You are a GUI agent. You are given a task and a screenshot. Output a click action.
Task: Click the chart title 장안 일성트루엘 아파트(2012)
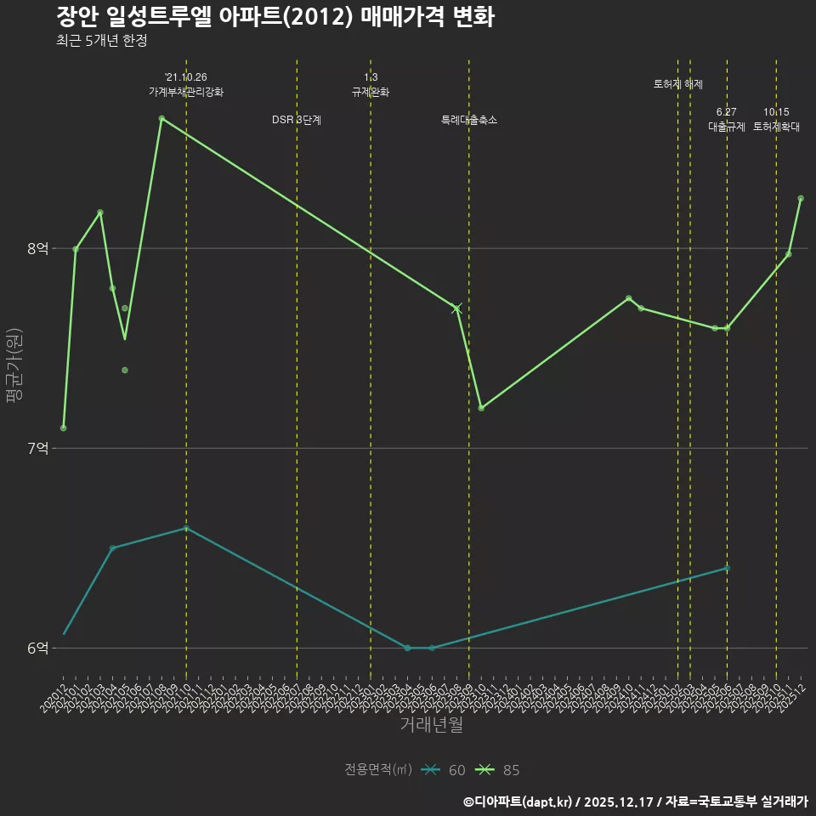pyautogui.click(x=275, y=17)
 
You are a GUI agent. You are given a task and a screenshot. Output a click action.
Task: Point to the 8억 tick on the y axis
pyautogui.click(x=37, y=248)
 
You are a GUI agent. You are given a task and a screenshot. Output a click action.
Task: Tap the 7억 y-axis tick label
pyautogui.click(x=37, y=448)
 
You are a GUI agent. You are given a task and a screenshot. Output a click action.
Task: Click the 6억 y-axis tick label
pyautogui.click(x=37, y=648)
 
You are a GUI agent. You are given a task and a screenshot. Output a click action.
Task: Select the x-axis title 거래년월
pyautogui.click(x=432, y=725)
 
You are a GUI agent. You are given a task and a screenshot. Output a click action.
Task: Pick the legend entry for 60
pyautogui.click(x=446, y=770)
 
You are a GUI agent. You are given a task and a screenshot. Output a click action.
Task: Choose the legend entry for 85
pyautogui.click(x=501, y=770)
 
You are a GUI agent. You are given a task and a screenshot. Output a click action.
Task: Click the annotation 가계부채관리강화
pyautogui.click(x=186, y=92)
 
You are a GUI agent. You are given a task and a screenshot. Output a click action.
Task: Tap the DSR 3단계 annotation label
pyautogui.click(x=297, y=120)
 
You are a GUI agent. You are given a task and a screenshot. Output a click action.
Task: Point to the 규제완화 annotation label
pyautogui.click(x=371, y=92)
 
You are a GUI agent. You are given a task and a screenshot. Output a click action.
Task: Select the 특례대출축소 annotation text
pyautogui.click(x=469, y=120)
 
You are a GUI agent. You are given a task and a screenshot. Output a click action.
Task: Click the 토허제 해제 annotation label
pyautogui.click(x=678, y=84)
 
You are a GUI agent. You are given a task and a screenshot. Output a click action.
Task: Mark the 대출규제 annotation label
pyautogui.click(x=727, y=127)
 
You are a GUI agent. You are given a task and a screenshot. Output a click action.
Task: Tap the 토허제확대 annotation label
pyautogui.click(x=776, y=127)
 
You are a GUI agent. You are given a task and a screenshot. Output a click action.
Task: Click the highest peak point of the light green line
pyautogui.click(x=161, y=118)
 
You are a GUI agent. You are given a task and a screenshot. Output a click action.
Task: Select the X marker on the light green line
pyautogui.click(x=457, y=308)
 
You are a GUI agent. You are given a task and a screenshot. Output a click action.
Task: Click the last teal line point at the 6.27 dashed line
pyautogui.click(x=727, y=568)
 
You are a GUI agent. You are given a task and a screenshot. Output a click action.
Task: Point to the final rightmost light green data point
pyautogui.click(x=801, y=198)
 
